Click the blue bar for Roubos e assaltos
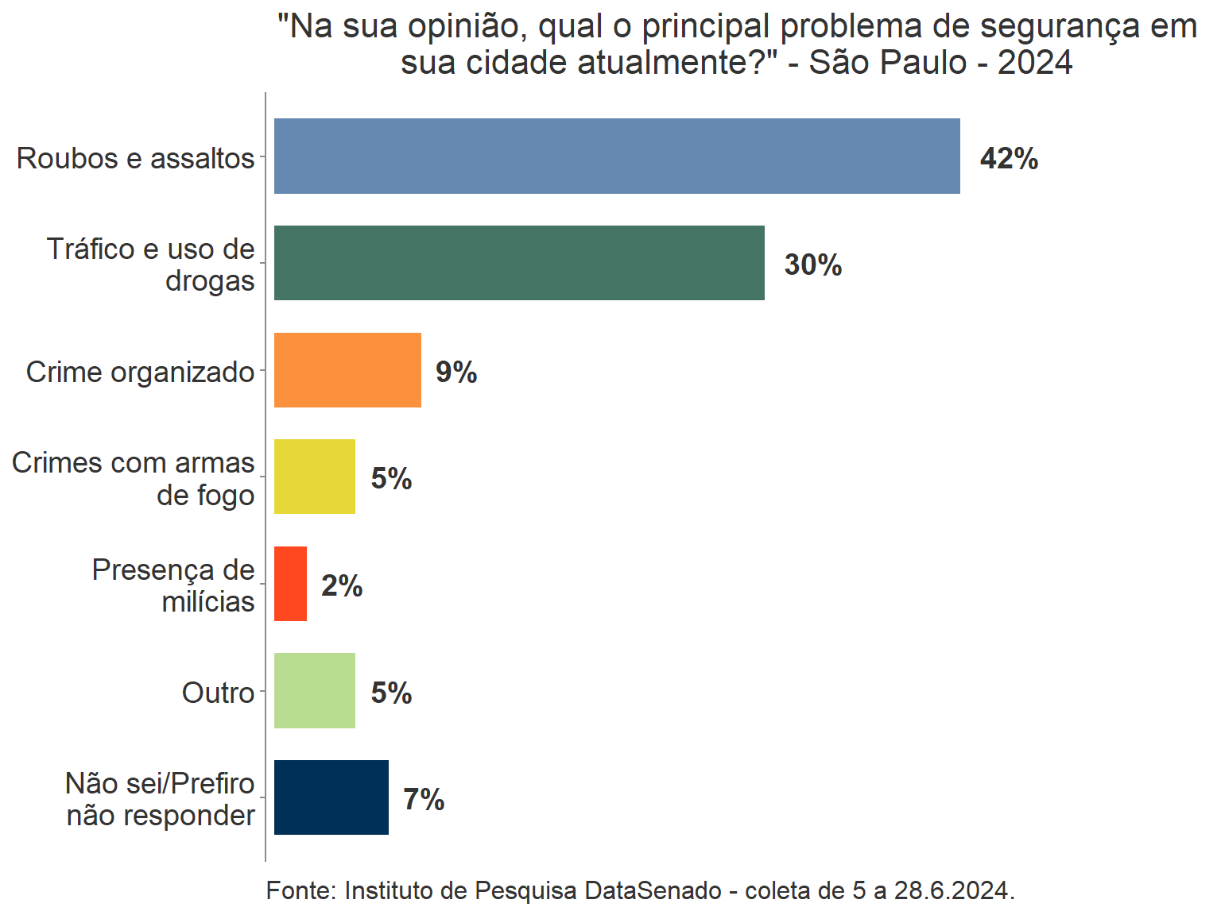617,156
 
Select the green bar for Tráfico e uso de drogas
519,263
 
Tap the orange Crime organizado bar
347,370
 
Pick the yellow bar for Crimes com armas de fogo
315,477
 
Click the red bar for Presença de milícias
290,584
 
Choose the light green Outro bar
315,690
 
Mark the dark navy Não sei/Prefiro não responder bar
331,797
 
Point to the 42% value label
1009,159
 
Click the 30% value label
812,265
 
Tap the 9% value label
456,373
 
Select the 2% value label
342,586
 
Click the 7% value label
424,800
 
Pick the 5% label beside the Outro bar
391,693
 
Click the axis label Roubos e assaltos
136,159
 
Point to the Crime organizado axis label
141,373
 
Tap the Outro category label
219,693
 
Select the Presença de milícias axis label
173,586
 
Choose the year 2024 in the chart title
1035,63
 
